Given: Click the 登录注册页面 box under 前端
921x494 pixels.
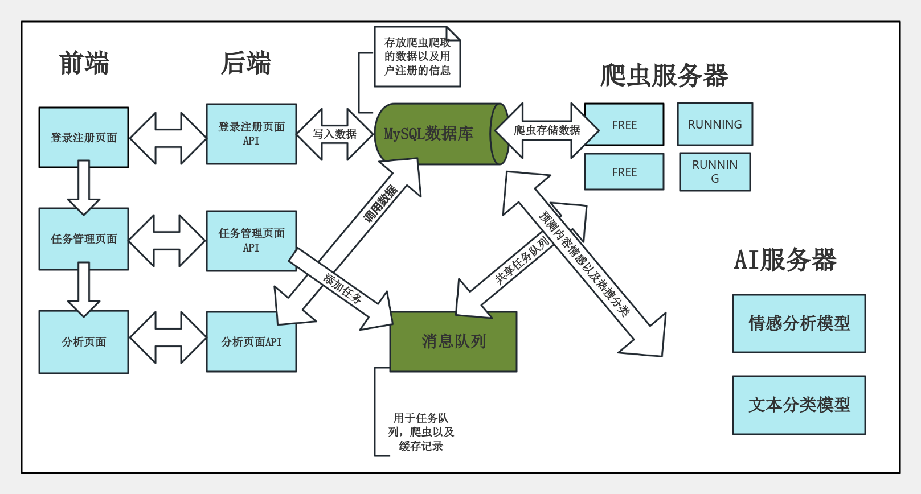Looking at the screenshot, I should coord(84,137).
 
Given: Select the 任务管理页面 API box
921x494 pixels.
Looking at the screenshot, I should coord(251,241).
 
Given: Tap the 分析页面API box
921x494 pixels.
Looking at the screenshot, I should coord(251,341).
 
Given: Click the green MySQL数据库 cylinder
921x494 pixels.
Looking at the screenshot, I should coord(433,134).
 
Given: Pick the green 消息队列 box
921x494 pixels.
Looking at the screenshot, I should coord(453,341).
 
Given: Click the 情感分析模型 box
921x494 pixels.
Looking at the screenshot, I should coord(799,323).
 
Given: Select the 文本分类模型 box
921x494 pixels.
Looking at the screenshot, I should coord(799,405).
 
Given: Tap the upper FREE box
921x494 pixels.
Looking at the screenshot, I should coord(624,125).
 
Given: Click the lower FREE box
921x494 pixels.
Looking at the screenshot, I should coord(624,172).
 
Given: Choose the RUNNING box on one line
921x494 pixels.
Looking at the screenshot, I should coord(715,124).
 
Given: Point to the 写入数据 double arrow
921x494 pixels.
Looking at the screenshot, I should coord(334,134).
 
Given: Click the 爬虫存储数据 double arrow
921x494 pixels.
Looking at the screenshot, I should coord(547,130).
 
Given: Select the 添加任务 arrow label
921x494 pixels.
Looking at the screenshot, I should coord(342,288).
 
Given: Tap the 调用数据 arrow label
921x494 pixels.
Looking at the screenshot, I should coord(380,204).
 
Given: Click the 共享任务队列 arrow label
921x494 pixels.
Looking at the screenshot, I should coord(521,261).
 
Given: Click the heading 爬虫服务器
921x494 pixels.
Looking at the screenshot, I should coord(664,75).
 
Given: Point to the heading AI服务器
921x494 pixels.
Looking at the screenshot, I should coord(785,260).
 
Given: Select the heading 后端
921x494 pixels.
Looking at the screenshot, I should coord(246,63).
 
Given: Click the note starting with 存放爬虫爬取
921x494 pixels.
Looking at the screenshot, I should coord(417,57).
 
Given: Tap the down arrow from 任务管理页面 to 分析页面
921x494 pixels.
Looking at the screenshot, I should coord(84,289).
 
